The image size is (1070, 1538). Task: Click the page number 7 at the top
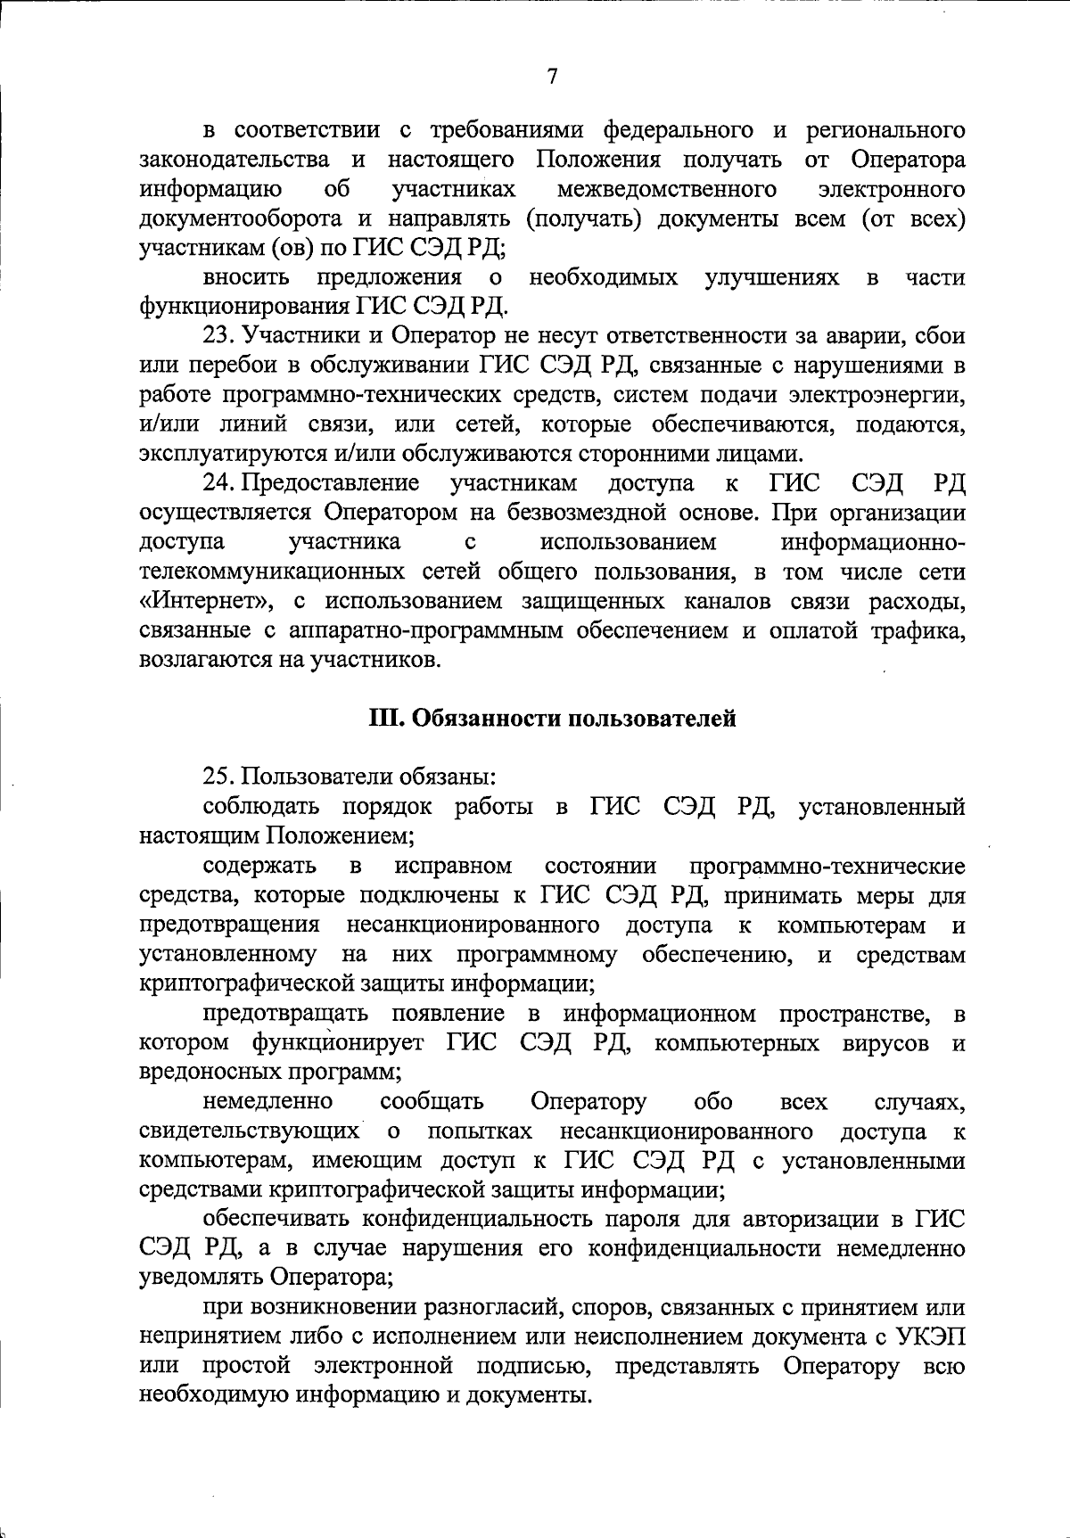(x=552, y=78)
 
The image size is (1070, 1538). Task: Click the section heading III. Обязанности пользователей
(x=553, y=718)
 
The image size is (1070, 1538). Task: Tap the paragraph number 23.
(x=218, y=336)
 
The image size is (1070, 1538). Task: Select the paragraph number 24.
(x=218, y=483)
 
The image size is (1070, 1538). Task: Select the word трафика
(x=920, y=631)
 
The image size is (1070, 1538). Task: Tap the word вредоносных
(x=208, y=1072)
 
